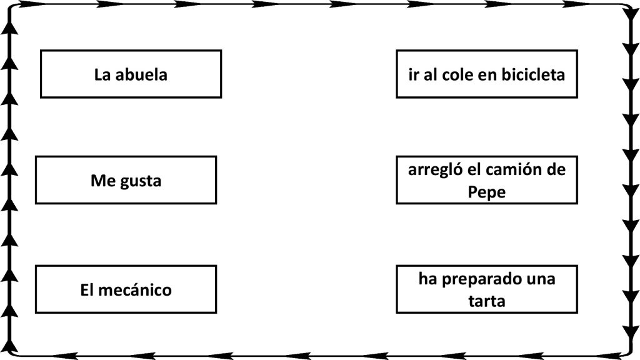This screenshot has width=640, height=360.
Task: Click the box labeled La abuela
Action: [x=131, y=74]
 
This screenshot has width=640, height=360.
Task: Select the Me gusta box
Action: [x=126, y=180]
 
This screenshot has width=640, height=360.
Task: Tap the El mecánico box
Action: [x=126, y=289]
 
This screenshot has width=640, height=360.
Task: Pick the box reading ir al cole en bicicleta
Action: [x=487, y=74]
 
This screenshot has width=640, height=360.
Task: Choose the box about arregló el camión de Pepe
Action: [x=487, y=180]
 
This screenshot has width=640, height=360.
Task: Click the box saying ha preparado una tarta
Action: [x=487, y=289]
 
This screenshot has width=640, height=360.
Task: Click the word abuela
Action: [x=141, y=75]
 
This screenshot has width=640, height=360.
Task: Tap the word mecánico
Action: [x=135, y=290]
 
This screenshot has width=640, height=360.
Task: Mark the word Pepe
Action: [x=486, y=192]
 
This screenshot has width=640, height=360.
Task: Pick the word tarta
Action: [x=486, y=301]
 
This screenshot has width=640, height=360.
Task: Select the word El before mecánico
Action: [x=87, y=290]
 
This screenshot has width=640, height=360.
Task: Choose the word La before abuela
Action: [x=102, y=75]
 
